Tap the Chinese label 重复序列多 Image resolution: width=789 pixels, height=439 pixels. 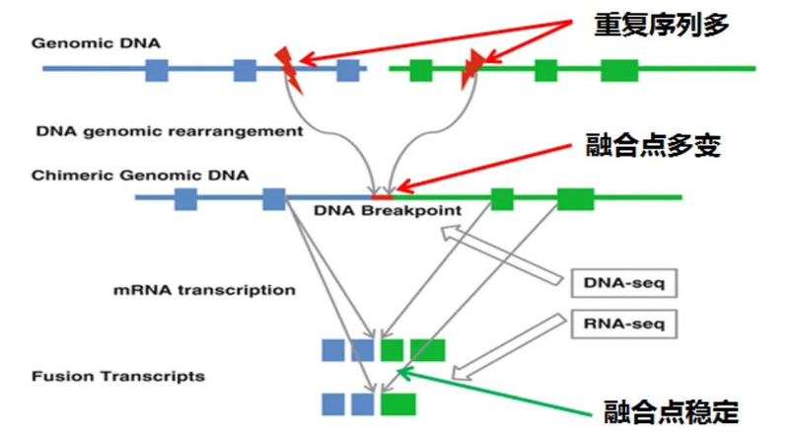click(x=662, y=25)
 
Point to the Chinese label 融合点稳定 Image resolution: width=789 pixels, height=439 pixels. click(x=672, y=410)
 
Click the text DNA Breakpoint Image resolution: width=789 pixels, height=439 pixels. click(x=388, y=210)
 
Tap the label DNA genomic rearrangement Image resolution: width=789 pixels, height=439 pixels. click(x=169, y=130)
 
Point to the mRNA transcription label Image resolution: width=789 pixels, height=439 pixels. click(x=205, y=290)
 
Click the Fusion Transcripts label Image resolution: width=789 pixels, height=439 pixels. click(x=118, y=376)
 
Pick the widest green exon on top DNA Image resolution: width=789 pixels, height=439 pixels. click(x=619, y=70)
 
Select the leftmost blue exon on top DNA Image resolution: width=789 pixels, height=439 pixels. click(x=156, y=69)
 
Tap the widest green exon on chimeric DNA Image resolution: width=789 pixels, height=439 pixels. click(x=575, y=198)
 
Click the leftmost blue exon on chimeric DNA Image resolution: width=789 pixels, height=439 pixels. click(x=184, y=198)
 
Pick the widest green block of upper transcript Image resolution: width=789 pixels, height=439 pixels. click(x=427, y=350)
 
